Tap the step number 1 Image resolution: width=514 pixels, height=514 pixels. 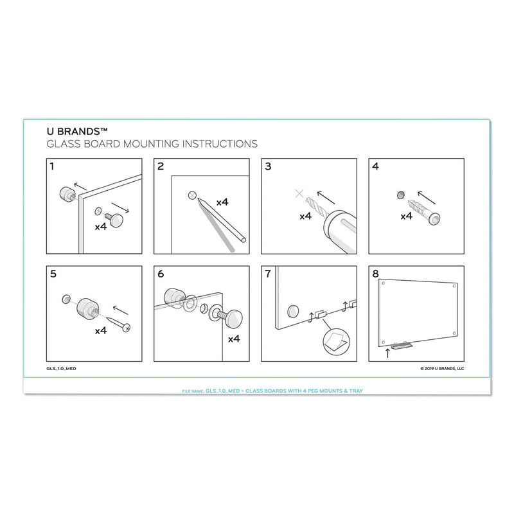53,166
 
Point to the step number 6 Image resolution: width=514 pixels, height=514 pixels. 161,273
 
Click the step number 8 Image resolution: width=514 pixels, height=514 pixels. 375,273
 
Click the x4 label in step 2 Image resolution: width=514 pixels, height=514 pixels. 222,202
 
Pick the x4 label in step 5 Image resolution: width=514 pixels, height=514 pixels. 100,332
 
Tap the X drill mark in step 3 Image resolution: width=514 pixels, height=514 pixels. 298,193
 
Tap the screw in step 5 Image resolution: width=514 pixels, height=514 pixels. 119,322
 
